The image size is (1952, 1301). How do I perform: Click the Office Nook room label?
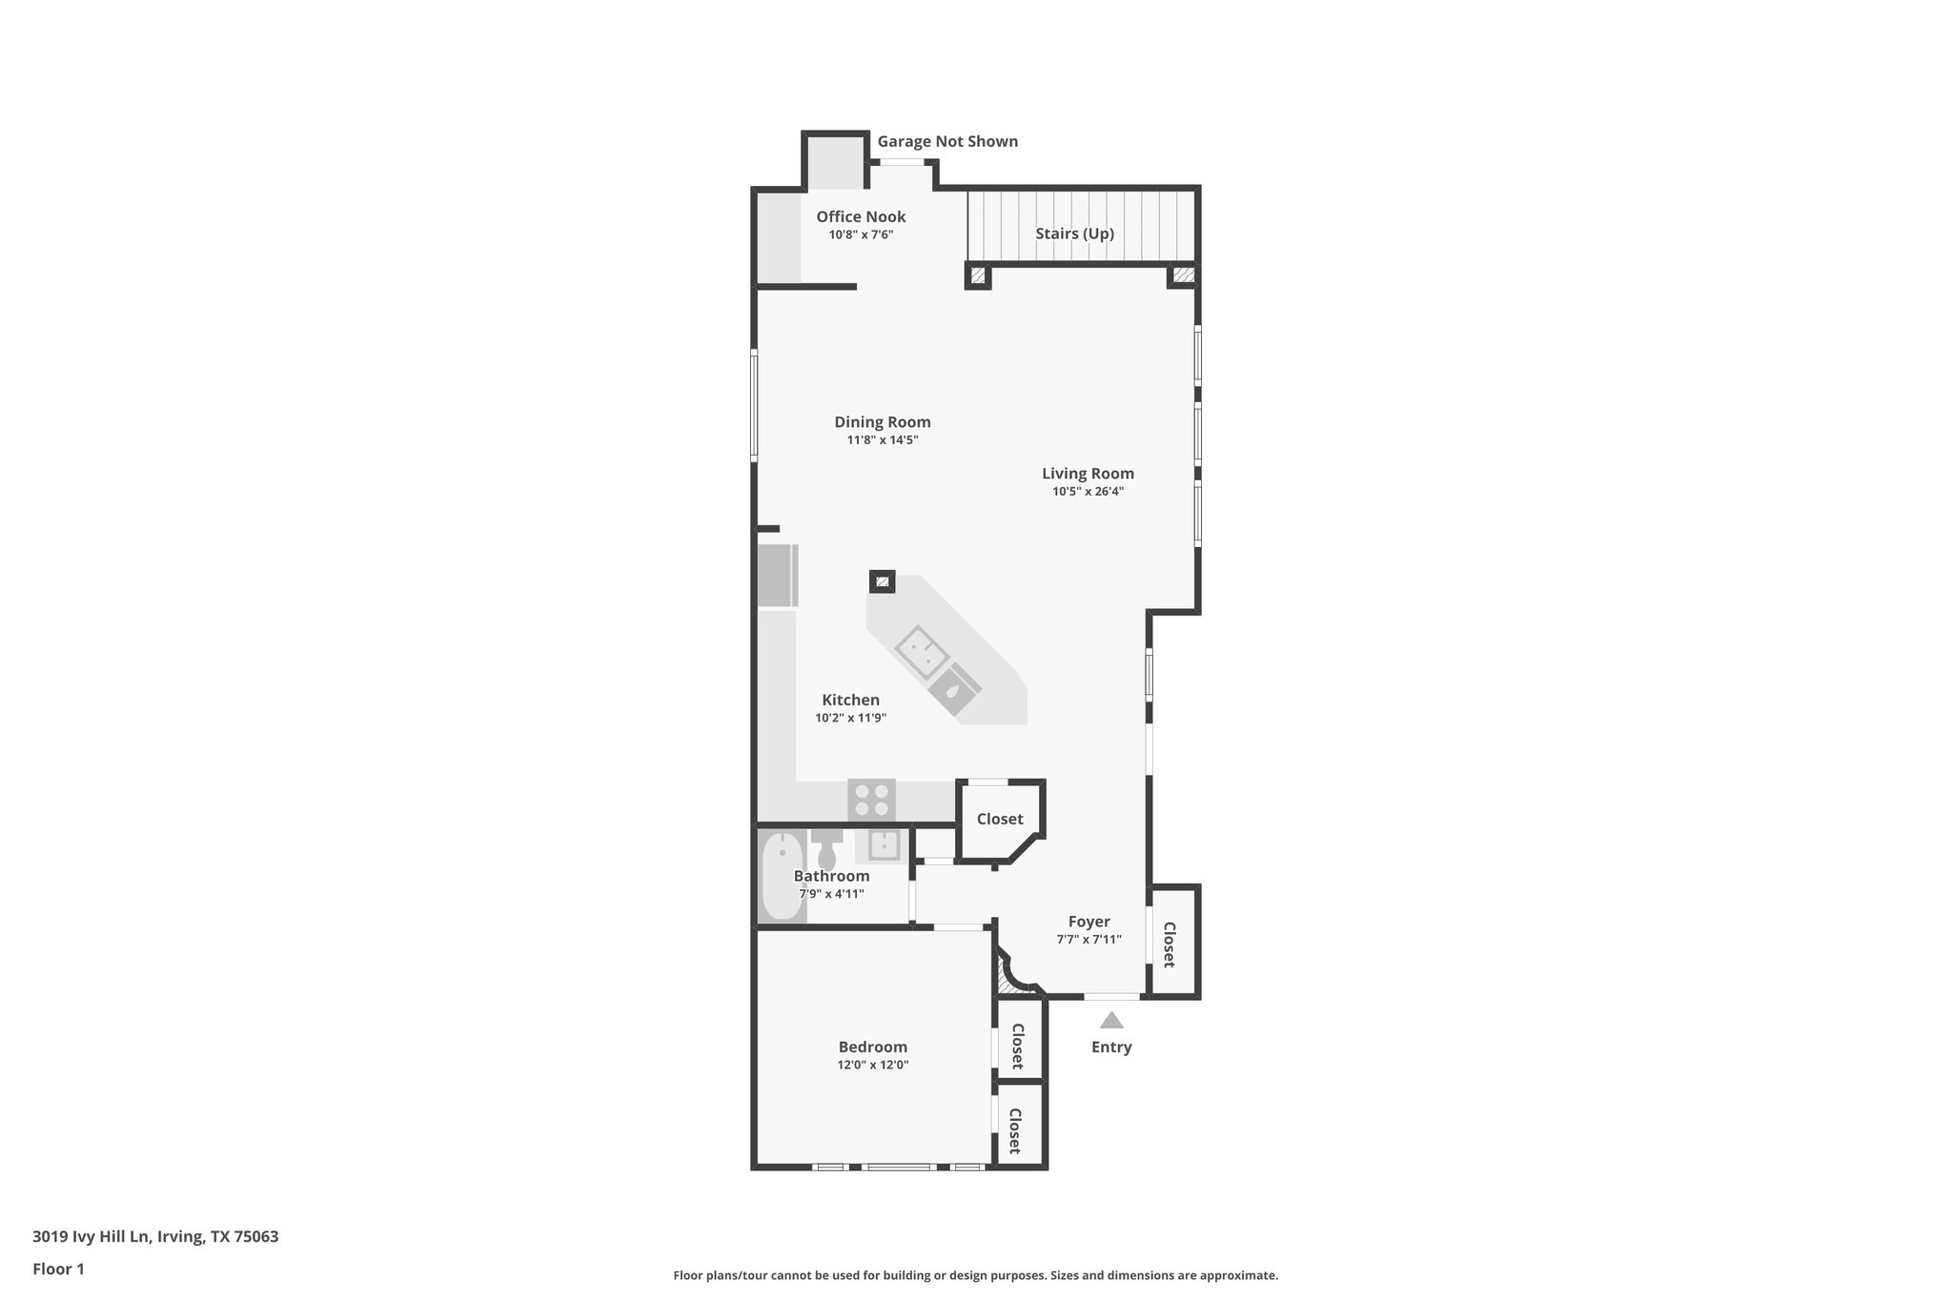point(861,216)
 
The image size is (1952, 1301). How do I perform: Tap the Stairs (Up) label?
point(1074,234)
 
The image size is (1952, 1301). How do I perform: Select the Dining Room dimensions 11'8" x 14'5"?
point(882,440)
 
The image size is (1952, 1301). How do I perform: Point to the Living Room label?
point(1088,474)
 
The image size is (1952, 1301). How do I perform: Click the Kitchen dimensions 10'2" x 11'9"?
point(850,718)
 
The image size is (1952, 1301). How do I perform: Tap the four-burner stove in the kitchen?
point(871,800)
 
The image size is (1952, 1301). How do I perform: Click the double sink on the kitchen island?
point(922,653)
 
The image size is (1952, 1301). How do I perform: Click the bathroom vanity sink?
point(884,844)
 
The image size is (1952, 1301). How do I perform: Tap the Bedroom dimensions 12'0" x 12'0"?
point(872,1065)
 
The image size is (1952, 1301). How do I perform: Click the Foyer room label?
point(1088,922)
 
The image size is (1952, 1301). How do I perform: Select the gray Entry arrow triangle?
point(1111,1021)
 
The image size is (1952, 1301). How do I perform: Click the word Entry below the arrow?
point(1111,1047)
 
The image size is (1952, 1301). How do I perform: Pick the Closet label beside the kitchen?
point(1000,819)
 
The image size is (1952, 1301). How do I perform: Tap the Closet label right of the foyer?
point(1169,944)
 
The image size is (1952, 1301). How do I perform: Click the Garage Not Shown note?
point(947,141)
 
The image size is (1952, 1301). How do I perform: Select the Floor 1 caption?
point(58,1269)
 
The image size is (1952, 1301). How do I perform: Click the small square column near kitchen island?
point(882,580)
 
